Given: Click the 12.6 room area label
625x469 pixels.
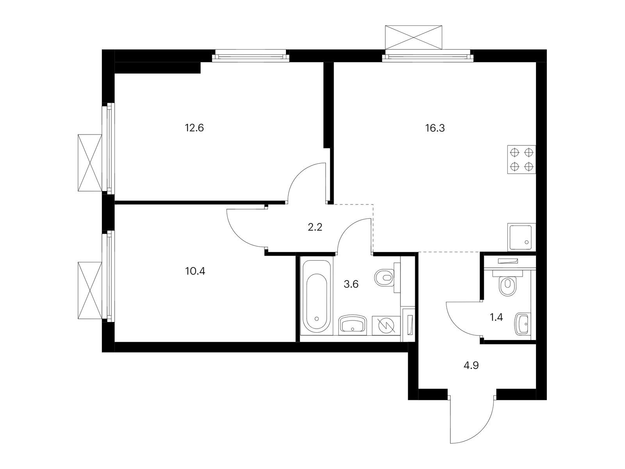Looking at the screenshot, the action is (194, 128).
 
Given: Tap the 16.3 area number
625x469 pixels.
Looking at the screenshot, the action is (435, 128).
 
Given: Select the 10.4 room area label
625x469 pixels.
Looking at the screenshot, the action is (195, 271).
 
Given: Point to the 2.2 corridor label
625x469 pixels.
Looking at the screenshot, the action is (315, 227).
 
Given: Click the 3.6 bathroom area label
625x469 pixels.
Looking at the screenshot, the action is (351, 284).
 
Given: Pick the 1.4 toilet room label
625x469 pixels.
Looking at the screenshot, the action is (496, 317).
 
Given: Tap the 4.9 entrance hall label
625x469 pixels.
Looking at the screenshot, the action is (471, 365).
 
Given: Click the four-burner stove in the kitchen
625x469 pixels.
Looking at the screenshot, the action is (521, 159).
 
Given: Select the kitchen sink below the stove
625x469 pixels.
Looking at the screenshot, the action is (521, 237).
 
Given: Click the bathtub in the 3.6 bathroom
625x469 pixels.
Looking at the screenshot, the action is (317, 296).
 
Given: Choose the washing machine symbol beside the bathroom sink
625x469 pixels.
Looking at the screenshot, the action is (386, 325).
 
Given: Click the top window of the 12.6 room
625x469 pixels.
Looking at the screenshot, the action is (250, 56).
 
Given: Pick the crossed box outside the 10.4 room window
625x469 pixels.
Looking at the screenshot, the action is (90, 290).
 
